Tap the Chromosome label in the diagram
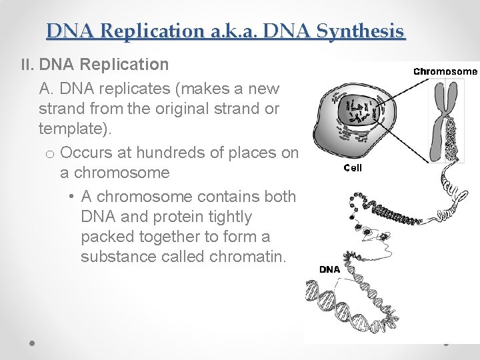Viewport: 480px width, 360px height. pos(445,71)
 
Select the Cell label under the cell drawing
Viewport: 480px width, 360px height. pos(353,168)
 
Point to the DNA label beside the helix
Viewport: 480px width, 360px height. pos(329,269)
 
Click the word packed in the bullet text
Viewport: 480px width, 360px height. pos(104,237)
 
